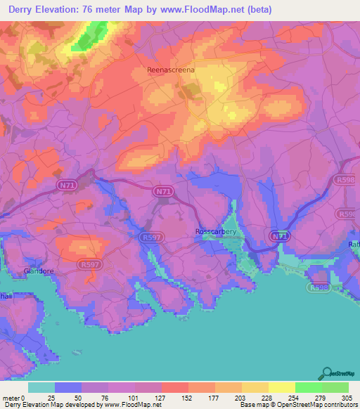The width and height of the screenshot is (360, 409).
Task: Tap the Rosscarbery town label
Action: [x=217, y=231]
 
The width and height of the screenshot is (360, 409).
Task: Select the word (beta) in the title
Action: [x=256, y=10]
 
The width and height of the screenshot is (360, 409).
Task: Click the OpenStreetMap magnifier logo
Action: [x=328, y=374]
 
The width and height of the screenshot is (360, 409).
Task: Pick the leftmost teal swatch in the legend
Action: [x=41, y=387]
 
